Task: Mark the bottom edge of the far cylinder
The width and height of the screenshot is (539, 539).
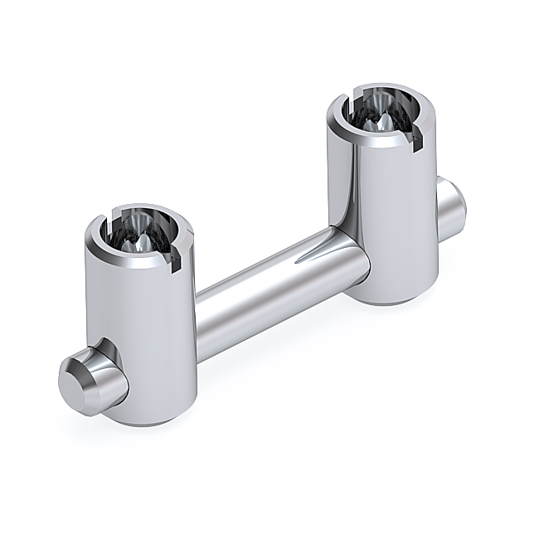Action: (x=390, y=303)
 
